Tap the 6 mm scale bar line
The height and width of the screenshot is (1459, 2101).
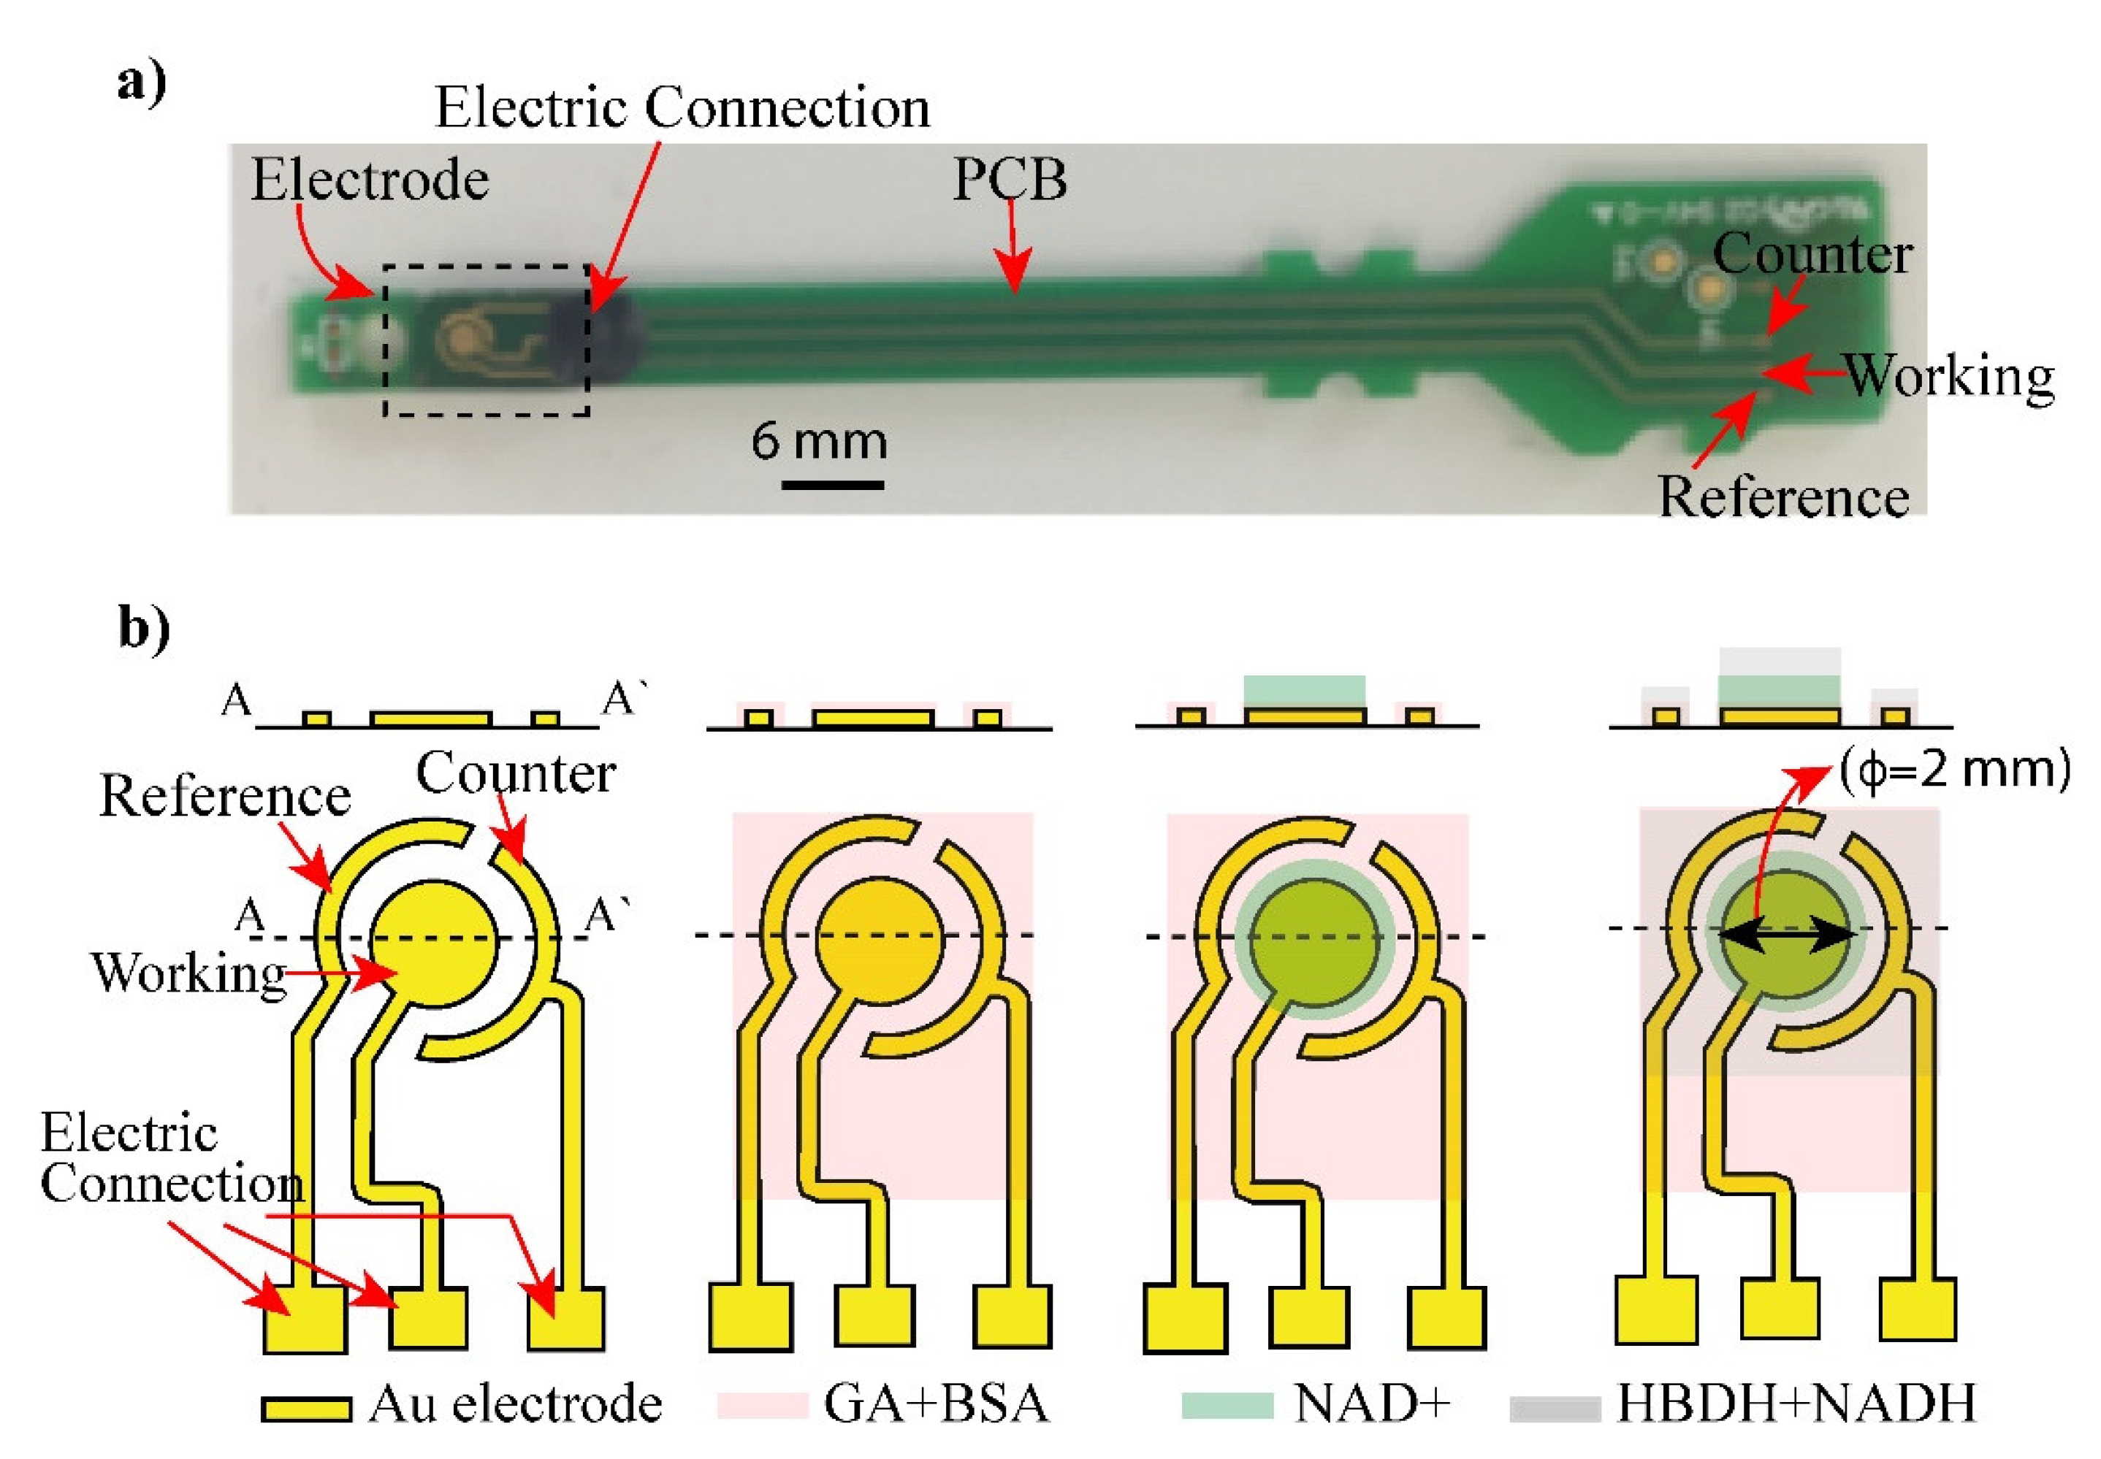(x=832, y=484)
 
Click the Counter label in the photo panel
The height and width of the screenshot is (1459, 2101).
(x=1810, y=254)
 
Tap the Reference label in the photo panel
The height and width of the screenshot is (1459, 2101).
(x=1782, y=498)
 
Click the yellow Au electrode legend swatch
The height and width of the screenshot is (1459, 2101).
(x=305, y=1408)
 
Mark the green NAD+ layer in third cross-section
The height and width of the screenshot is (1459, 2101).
(x=1304, y=690)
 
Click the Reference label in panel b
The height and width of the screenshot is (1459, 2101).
(x=225, y=795)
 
